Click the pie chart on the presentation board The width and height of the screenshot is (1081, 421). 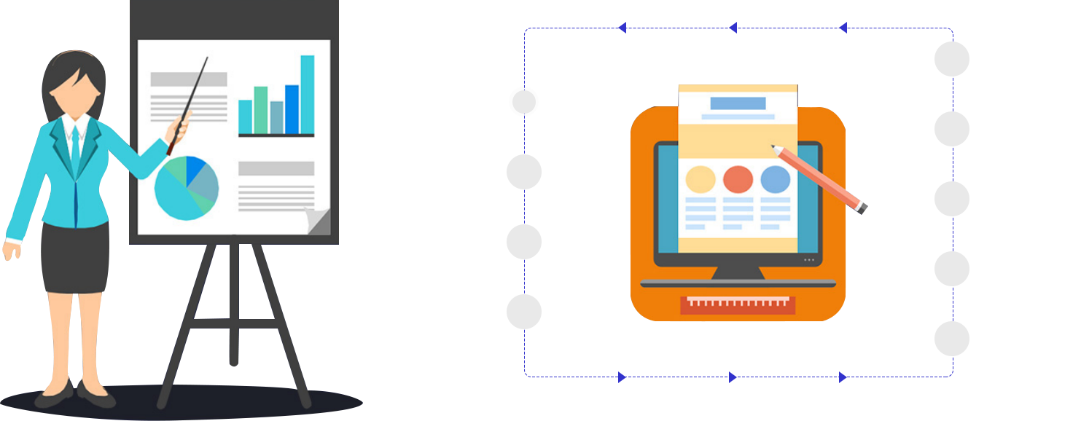tap(187, 188)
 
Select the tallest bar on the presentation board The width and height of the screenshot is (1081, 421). tap(308, 95)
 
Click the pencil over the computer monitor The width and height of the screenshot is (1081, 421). tap(820, 178)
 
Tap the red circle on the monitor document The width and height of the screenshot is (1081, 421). tap(738, 179)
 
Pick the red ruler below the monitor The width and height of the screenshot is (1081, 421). tap(738, 304)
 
